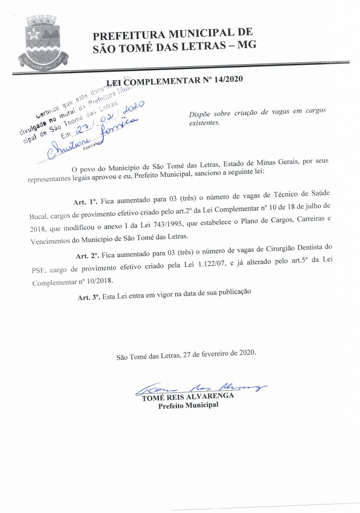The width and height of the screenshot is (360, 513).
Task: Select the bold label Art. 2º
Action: [x=88, y=255]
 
